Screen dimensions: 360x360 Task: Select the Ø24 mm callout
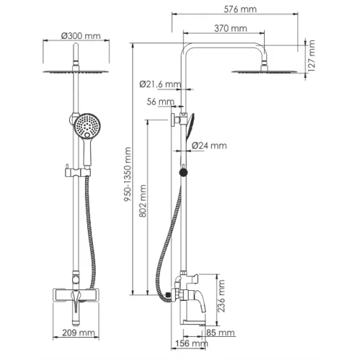pos(210,145)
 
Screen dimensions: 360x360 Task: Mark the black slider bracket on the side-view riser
pos(182,172)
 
